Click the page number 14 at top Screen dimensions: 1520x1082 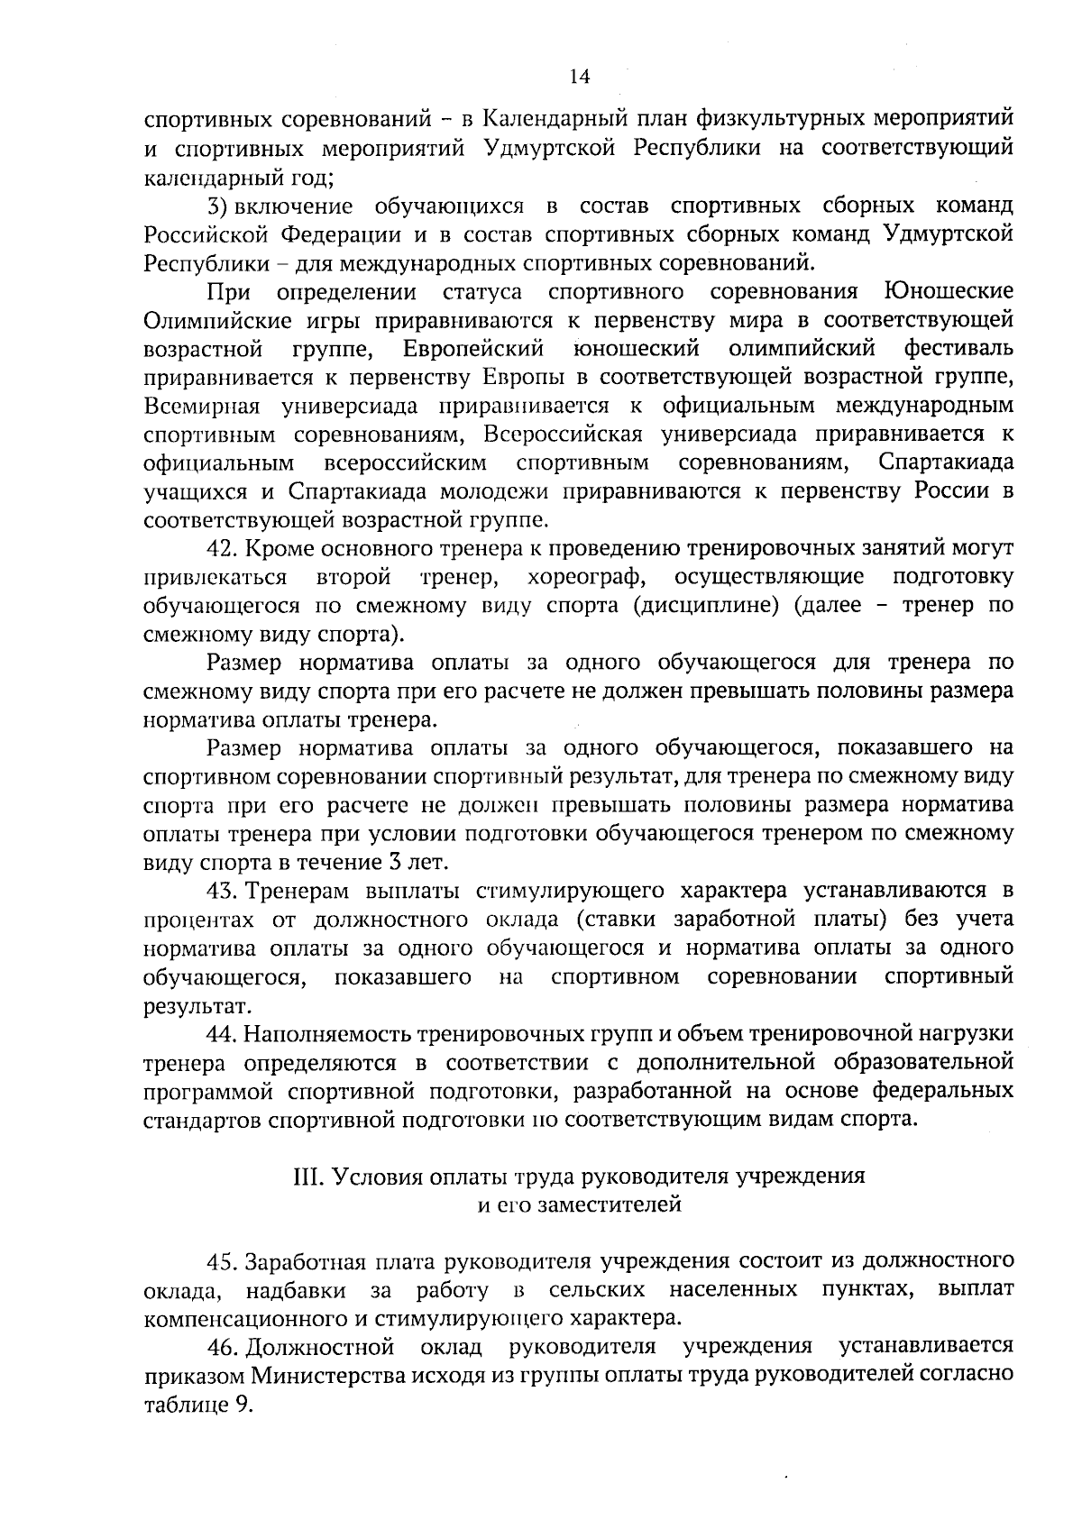(x=580, y=78)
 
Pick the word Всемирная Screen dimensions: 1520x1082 (x=203, y=406)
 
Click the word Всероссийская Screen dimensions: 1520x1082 (x=563, y=435)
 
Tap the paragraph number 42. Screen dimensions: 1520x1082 (x=224, y=548)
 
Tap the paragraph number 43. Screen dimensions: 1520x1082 (x=224, y=891)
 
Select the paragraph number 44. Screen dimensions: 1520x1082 (x=224, y=1034)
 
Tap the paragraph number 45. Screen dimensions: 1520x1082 (x=224, y=1261)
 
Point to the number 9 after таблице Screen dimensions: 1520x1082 (x=244, y=1405)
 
